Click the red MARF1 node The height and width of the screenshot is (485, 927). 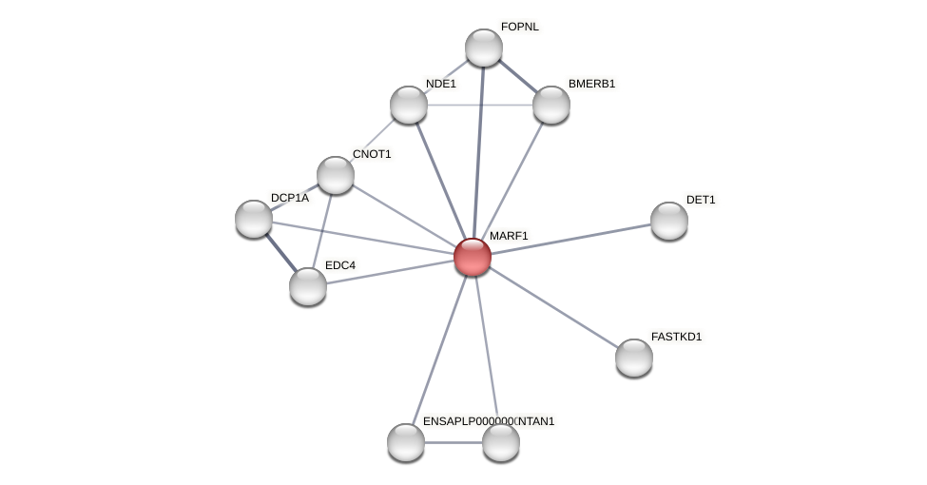[472, 257]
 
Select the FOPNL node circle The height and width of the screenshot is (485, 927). [483, 48]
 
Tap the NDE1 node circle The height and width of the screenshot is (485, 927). [409, 105]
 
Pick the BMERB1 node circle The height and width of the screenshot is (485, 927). [550, 105]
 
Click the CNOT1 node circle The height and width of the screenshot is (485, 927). [336, 175]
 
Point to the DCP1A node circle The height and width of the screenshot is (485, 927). [254, 219]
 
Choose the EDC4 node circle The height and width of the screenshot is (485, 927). [308, 286]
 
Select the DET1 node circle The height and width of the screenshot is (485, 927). [668, 221]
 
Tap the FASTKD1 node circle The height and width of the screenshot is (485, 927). [633, 358]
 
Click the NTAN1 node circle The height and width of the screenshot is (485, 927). [501, 442]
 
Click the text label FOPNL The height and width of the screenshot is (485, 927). [519, 27]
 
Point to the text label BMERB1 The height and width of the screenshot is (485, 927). [591, 84]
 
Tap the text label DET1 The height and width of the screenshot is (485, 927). [701, 200]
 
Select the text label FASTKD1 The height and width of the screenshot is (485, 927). [676, 337]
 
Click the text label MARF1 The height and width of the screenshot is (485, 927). [509, 236]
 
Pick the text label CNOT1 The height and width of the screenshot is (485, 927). [372, 154]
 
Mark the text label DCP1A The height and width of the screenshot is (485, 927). [289, 198]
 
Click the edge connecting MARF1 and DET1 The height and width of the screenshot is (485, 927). [570, 239]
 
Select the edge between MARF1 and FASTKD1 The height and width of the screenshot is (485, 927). [552, 307]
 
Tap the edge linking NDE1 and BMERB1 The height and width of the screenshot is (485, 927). [480, 105]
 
